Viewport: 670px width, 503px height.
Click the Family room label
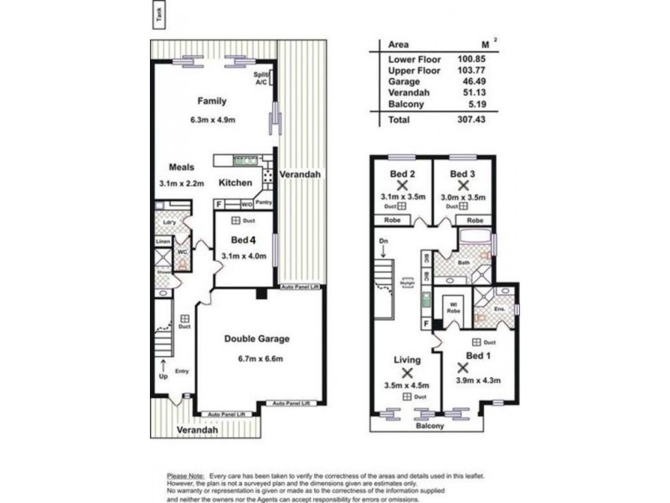point(212,101)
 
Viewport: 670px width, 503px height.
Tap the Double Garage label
point(257,339)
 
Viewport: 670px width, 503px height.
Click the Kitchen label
point(235,183)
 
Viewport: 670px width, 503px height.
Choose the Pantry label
point(265,202)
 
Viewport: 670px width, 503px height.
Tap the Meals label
point(182,167)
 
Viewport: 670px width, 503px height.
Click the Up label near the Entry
point(164,377)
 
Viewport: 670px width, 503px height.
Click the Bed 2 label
point(402,174)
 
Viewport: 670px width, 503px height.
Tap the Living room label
point(407,360)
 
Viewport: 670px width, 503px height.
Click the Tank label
point(160,14)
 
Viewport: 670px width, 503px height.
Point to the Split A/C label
point(261,78)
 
